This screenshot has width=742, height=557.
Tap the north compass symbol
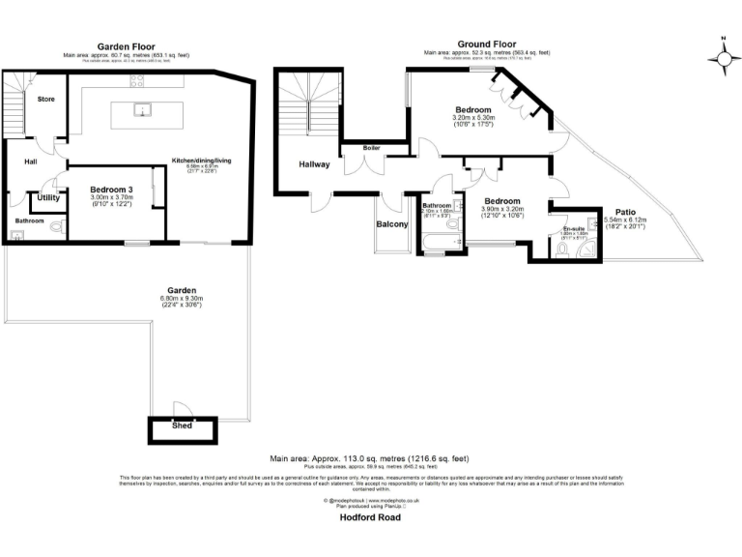click(x=723, y=57)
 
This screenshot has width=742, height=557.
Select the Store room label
click(x=45, y=99)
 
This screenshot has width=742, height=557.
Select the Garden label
click(x=181, y=290)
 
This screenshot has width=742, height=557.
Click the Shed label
click(x=181, y=425)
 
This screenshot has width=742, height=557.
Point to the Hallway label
click(x=314, y=164)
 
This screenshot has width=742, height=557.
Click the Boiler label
click(x=371, y=148)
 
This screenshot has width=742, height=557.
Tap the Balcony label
click(x=392, y=224)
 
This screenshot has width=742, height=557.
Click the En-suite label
click(x=575, y=229)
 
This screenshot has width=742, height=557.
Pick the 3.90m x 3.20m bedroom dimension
click(x=502, y=216)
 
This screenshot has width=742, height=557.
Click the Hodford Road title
click(x=370, y=517)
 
